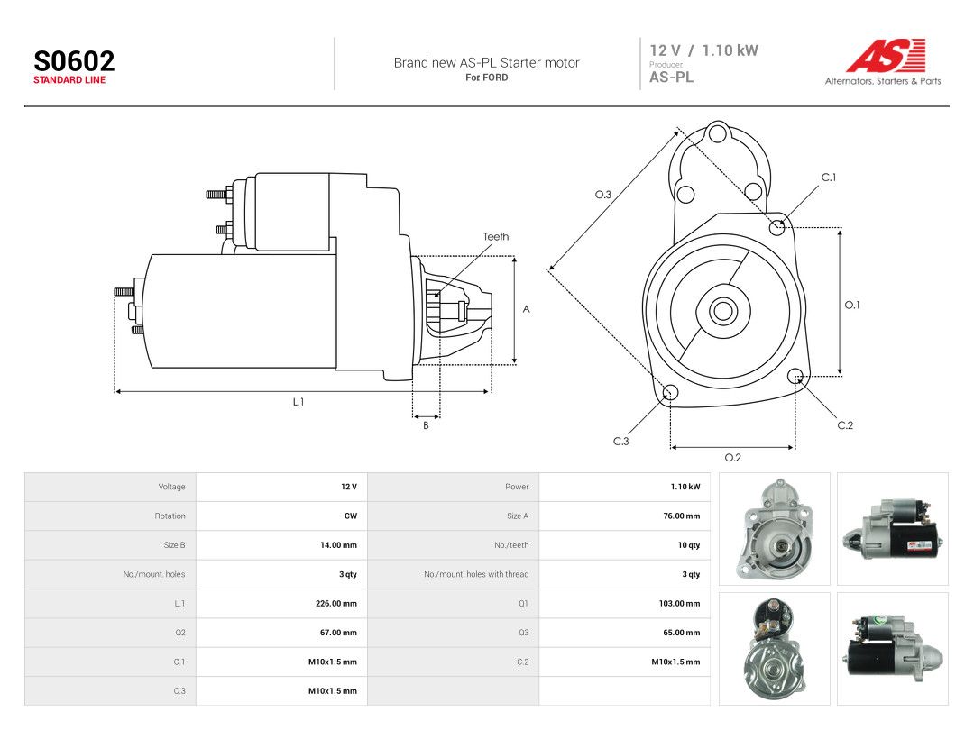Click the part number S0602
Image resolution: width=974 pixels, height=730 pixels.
(x=74, y=61)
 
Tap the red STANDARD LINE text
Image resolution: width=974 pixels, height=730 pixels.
(x=69, y=80)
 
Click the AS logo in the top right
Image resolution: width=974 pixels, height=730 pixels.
(x=886, y=56)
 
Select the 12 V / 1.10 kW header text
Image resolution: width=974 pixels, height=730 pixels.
(x=703, y=50)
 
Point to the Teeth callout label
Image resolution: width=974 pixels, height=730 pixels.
(x=496, y=236)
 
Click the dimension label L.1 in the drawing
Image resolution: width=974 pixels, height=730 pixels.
(x=299, y=402)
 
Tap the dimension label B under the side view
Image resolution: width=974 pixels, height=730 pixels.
(x=426, y=425)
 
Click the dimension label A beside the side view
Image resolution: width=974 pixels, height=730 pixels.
(x=526, y=309)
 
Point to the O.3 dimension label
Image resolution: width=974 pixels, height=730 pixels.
(x=603, y=195)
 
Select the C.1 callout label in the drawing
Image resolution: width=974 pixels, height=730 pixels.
(x=829, y=178)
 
